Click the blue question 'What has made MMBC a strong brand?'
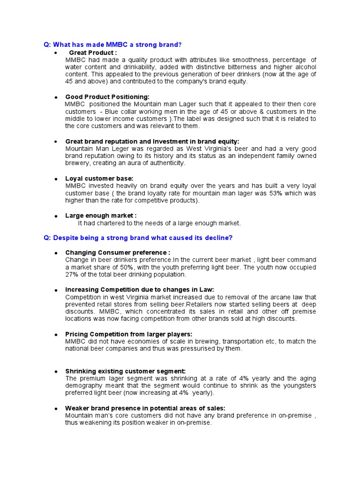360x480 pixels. click(x=112, y=45)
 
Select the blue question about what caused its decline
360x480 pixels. click(x=138, y=238)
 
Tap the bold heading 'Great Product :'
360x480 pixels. click(x=93, y=53)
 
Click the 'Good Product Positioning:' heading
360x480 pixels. click(x=107, y=97)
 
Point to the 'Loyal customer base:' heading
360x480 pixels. click(x=99, y=179)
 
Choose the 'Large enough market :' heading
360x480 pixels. click(x=101, y=216)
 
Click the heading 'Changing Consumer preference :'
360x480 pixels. click(x=118, y=253)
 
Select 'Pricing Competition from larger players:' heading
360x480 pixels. click(x=129, y=334)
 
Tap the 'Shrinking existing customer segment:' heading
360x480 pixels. click(x=125, y=371)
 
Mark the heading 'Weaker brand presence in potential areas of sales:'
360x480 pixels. click(x=145, y=408)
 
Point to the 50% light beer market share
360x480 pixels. click(x=124, y=267)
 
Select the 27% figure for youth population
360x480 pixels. click(x=72, y=274)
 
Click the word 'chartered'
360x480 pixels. click(x=101, y=223)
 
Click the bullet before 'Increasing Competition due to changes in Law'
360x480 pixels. click(x=56, y=290)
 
